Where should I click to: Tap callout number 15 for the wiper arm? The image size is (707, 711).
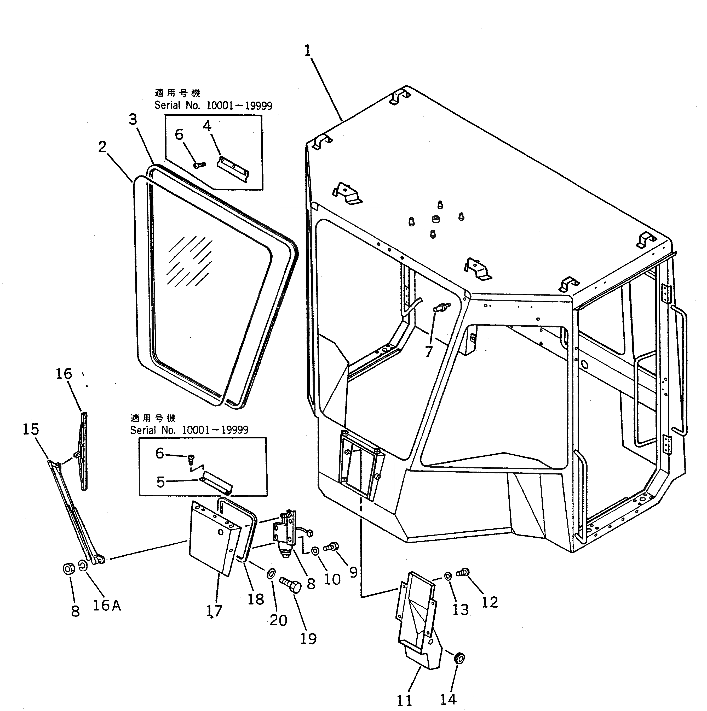31,429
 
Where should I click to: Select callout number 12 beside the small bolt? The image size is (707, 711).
490,602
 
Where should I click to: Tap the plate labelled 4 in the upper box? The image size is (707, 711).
233,168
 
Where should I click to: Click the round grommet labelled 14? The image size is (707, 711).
459,658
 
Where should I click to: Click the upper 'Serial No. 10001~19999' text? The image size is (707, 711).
213,106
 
